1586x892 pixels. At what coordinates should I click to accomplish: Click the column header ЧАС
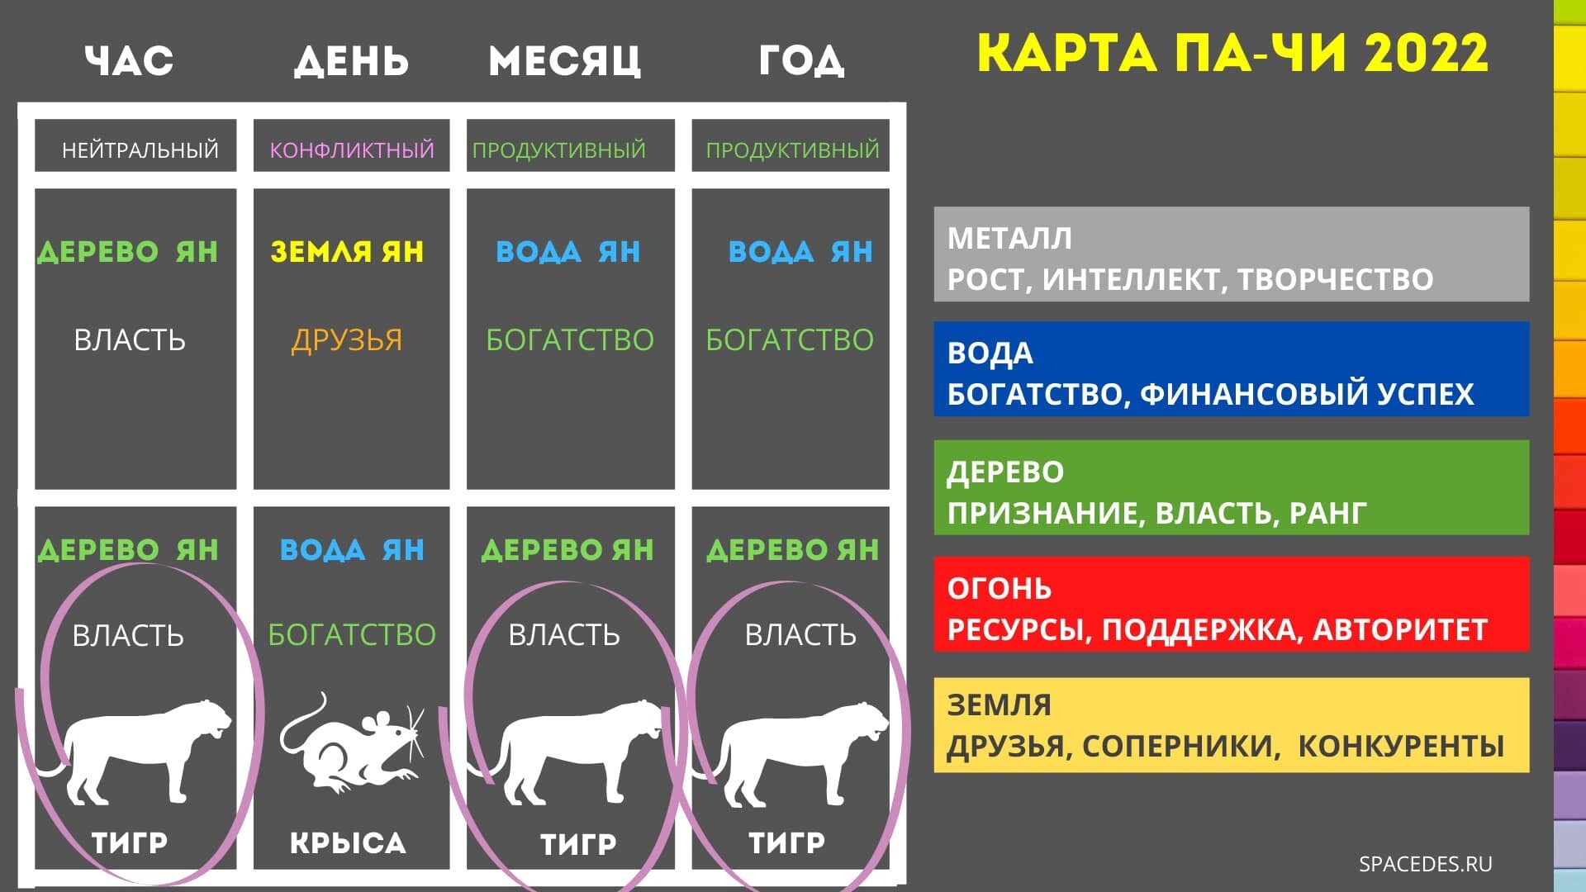coord(129,61)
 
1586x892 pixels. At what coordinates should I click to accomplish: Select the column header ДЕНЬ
coord(352,61)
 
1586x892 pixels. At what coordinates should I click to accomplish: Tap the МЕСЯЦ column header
coord(565,61)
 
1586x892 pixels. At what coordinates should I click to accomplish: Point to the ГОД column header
coord(801,61)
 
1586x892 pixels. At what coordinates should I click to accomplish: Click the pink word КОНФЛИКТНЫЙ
coord(352,149)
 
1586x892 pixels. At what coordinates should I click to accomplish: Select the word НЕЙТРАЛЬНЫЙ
coord(140,149)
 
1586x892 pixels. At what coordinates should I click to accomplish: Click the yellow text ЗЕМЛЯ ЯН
coord(347,251)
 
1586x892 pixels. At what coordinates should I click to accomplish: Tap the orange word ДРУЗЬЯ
coord(347,339)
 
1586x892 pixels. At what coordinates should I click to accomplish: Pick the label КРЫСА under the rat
coord(348,842)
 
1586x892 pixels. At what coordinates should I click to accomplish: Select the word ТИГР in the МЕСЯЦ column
coord(578,843)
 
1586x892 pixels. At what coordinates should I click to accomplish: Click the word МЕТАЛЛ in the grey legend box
coord(1009,238)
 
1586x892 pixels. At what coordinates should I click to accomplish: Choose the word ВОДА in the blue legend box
coord(990,353)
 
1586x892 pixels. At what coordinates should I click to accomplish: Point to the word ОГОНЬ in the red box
coord(1000,588)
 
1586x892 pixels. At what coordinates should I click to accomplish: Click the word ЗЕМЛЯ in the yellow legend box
coord(1000,705)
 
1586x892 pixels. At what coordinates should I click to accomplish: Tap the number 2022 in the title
coord(1427,53)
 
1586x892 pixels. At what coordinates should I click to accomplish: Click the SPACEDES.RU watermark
coord(1426,864)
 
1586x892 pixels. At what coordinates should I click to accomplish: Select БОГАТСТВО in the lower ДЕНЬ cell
coord(352,634)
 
